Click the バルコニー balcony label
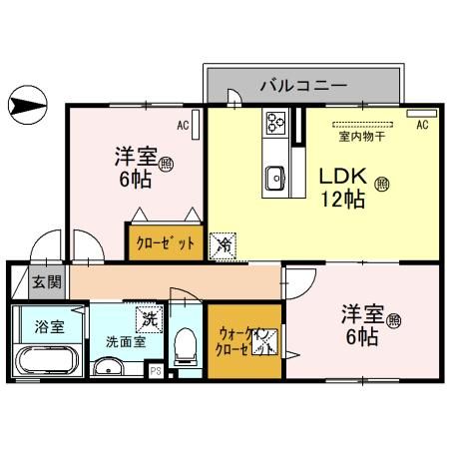click(303, 84)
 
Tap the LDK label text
click(342, 178)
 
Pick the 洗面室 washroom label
click(126, 340)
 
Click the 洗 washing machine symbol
click(149, 320)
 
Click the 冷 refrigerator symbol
click(224, 243)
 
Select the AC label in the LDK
click(421, 125)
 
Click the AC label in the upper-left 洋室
click(183, 126)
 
